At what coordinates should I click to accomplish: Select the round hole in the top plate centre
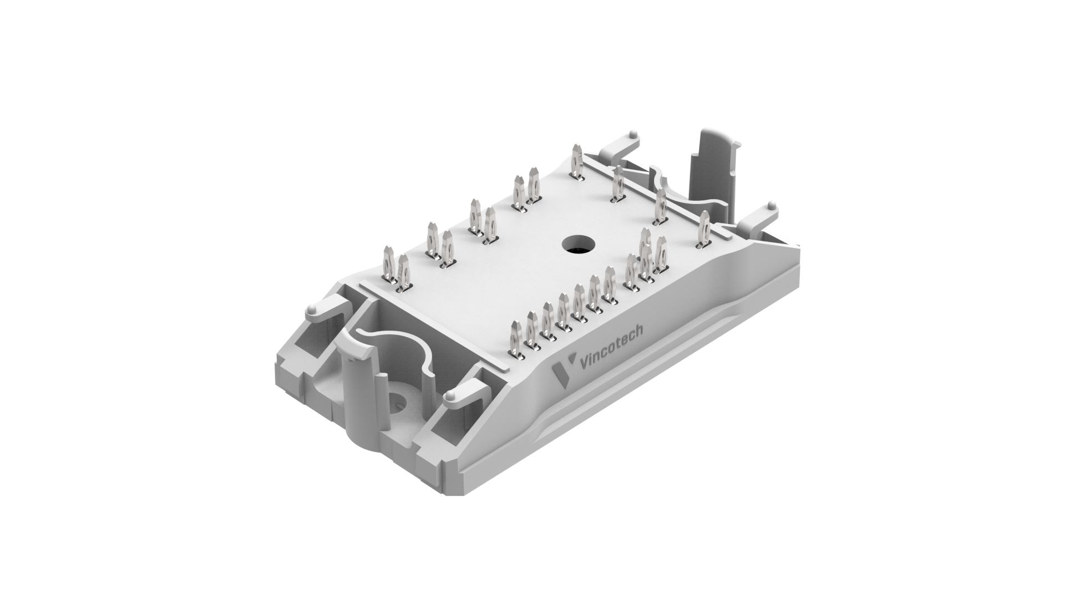(x=577, y=244)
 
